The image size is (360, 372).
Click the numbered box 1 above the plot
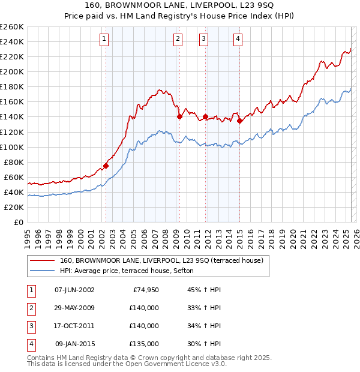pyautogui.click(x=104, y=39)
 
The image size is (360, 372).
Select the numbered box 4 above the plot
pyautogui.click(x=238, y=39)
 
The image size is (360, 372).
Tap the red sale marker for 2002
pyautogui.click(x=106, y=166)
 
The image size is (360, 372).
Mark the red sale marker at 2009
pyautogui.click(x=179, y=116)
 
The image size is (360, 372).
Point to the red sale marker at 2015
pyautogui.click(x=239, y=121)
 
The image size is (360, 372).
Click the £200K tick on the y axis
pyautogui.click(x=12, y=71)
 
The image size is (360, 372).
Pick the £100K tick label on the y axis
pyautogui.click(x=12, y=147)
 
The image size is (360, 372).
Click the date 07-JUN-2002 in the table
pyautogui.click(x=74, y=290)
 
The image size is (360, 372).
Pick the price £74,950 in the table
pyautogui.click(x=144, y=290)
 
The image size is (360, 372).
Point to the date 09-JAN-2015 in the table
pyautogui.click(x=74, y=344)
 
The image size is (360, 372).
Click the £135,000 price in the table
pyautogui.click(x=144, y=344)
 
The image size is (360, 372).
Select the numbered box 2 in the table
pyautogui.click(x=31, y=308)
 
